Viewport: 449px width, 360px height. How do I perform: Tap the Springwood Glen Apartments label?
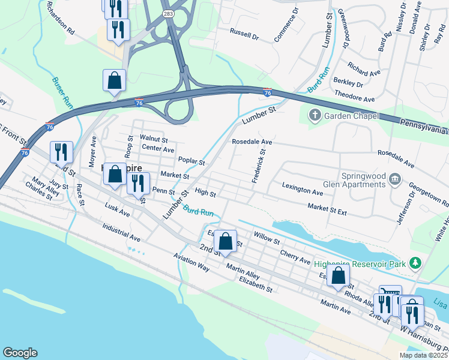coord(363,180)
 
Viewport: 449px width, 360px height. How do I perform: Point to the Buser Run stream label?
coord(63,92)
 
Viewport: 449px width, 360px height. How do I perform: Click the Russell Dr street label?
coord(244,37)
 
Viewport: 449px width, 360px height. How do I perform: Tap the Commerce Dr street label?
coord(285,26)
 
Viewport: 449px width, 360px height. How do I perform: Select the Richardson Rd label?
coord(62,22)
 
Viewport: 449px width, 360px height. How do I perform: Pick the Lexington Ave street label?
coord(303,191)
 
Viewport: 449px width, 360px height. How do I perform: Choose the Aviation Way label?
coord(191,262)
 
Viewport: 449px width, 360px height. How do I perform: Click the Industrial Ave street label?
coord(121,233)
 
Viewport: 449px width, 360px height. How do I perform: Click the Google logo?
coord(19,353)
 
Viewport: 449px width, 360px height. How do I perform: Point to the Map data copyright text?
coord(423,355)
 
